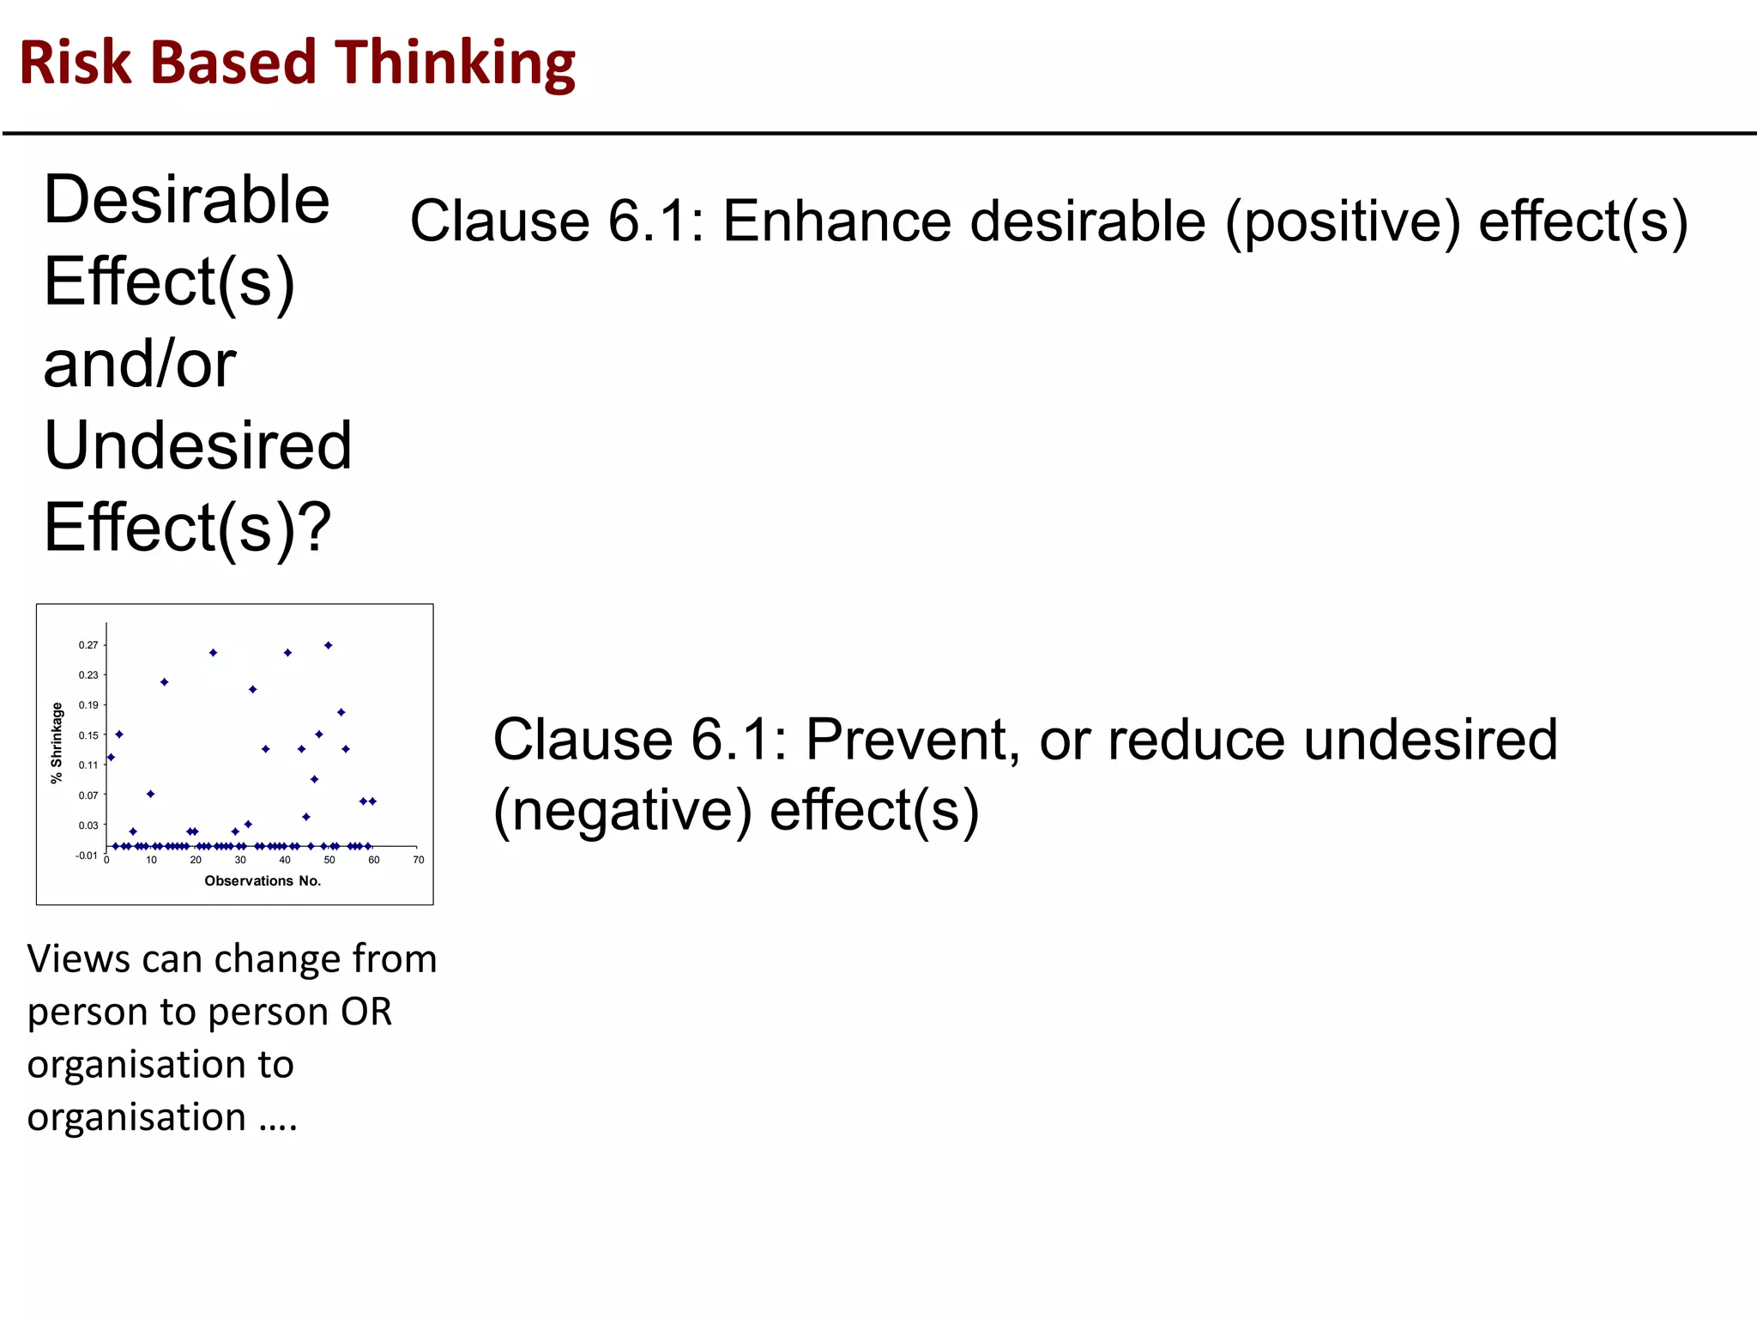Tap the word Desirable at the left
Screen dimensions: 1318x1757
pyautogui.click(x=186, y=200)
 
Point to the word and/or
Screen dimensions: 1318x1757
pyautogui.click(x=140, y=364)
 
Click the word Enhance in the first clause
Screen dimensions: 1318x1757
pyautogui.click(x=836, y=221)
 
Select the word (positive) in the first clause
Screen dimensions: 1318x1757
pyautogui.click(x=1343, y=221)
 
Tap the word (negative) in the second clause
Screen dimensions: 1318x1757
pyautogui.click(x=622, y=811)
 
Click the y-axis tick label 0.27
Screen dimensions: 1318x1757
pyautogui.click(x=88, y=645)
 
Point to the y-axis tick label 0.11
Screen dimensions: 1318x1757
pyautogui.click(x=88, y=765)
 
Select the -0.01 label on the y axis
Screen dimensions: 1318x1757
pyautogui.click(x=86, y=855)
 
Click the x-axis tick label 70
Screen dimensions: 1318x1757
pyautogui.click(x=419, y=860)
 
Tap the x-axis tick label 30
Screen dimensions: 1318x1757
pyautogui.click(x=240, y=860)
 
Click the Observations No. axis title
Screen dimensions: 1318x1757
pyautogui.click(x=263, y=881)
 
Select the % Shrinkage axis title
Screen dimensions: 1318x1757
pyautogui.click(x=57, y=743)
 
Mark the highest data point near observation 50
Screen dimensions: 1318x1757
pyautogui.click(x=328, y=645)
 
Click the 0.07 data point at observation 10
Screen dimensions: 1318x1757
pyautogui.click(x=150, y=795)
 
